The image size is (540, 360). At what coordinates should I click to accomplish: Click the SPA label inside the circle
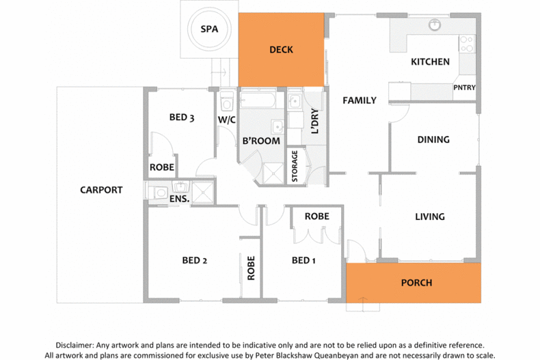[x=209, y=29]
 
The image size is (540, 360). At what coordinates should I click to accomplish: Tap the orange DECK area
[x=282, y=50]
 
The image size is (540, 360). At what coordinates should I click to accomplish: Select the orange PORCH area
[x=414, y=283]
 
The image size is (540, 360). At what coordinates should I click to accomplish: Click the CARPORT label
[x=101, y=190]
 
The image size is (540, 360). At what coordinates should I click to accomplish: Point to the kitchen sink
[x=435, y=25]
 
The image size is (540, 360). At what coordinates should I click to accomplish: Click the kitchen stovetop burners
[x=467, y=44]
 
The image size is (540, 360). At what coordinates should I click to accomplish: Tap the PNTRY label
[x=464, y=87]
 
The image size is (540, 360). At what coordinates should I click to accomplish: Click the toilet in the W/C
[x=227, y=101]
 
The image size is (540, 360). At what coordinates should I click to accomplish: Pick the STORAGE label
[x=295, y=166]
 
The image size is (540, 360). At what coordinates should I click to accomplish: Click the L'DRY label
[x=314, y=121]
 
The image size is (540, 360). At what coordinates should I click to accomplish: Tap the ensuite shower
[x=203, y=193]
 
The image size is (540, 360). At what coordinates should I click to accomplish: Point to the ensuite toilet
[x=158, y=193]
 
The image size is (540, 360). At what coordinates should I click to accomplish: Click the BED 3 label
[x=182, y=117]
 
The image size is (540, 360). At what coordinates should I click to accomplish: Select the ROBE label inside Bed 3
[x=162, y=167]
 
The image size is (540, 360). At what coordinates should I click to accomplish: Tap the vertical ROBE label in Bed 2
[x=251, y=268]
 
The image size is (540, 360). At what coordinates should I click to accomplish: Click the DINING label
[x=433, y=140]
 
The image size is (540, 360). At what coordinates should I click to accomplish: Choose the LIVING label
[x=430, y=217]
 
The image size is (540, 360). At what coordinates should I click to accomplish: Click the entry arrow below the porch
[x=363, y=303]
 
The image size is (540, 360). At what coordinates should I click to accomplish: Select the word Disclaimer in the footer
[x=74, y=345]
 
